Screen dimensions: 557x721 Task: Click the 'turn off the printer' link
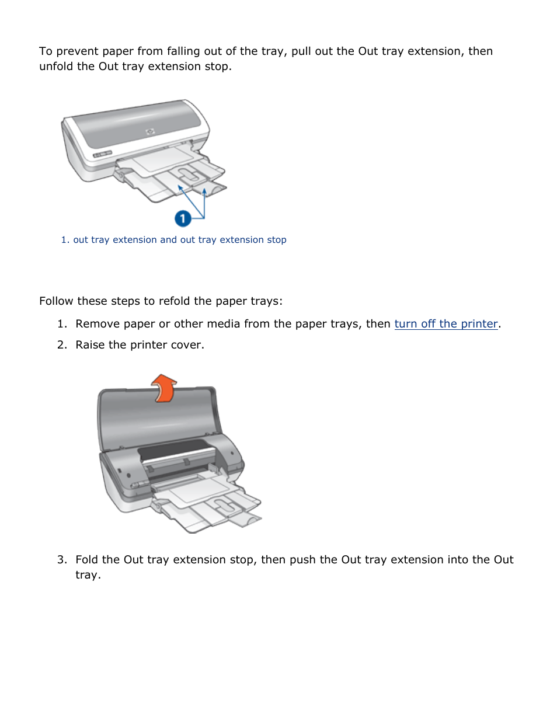pyautogui.click(x=446, y=323)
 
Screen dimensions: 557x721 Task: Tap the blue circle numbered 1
pyautogui.click(x=183, y=219)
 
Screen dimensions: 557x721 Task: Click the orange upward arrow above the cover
pyautogui.click(x=164, y=388)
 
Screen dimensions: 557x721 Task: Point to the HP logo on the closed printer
pyautogui.click(x=150, y=132)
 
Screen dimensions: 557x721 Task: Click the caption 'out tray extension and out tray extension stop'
pyautogui.click(x=179, y=239)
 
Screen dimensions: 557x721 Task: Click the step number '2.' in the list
pyautogui.click(x=62, y=345)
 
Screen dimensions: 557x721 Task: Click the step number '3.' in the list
pyautogui.click(x=62, y=559)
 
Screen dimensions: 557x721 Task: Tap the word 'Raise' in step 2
pyautogui.click(x=90, y=345)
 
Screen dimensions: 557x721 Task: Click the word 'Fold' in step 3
pyautogui.click(x=87, y=559)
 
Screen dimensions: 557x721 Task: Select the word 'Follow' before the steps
pyautogui.click(x=57, y=301)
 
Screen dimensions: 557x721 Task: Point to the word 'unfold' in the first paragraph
pyautogui.click(x=56, y=67)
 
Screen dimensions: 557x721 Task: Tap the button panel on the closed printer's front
pyautogui.click(x=102, y=154)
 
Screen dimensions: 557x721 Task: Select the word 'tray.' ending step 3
pyautogui.click(x=88, y=575)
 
